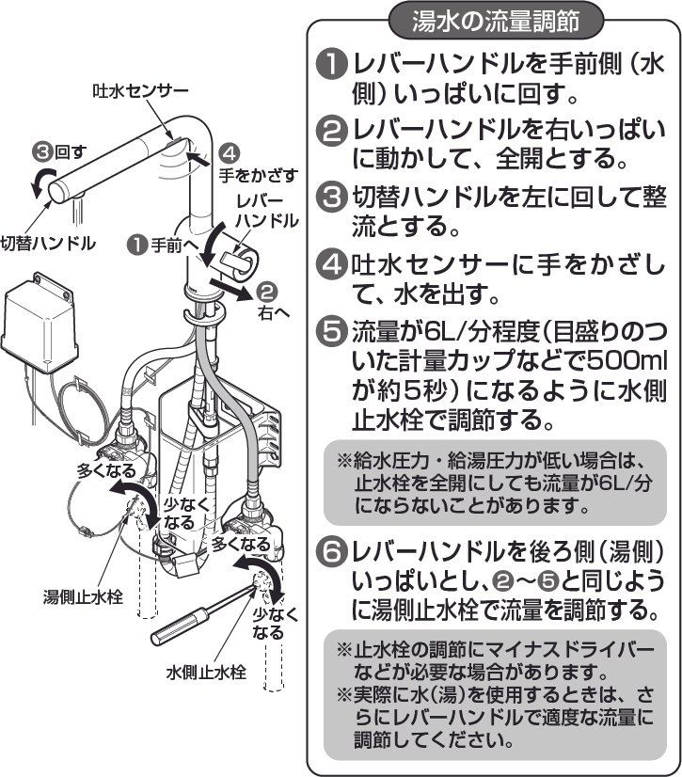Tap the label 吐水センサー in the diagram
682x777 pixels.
pyautogui.click(x=141, y=91)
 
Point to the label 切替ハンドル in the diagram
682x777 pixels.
pyautogui.click(x=48, y=243)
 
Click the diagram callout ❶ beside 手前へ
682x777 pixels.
pyautogui.click(x=138, y=245)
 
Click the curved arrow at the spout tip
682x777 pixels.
pyautogui.click(x=40, y=182)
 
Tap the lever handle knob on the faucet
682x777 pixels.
pyautogui.click(x=238, y=257)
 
